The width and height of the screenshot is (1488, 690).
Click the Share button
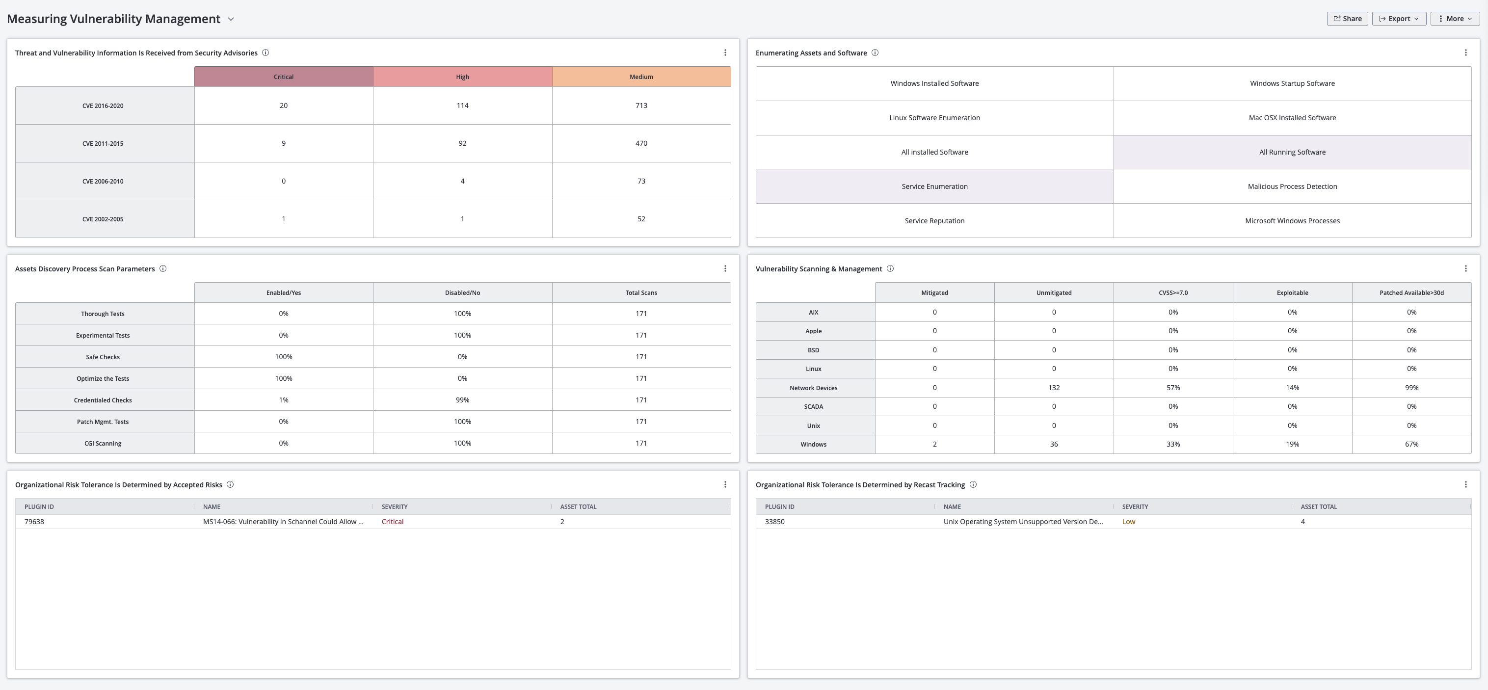[1347, 19]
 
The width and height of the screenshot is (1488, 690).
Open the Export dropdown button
[1399, 19]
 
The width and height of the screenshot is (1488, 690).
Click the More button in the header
[1455, 19]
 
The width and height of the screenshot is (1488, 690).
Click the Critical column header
[283, 77]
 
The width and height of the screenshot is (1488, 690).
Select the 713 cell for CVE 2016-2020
[641, 106]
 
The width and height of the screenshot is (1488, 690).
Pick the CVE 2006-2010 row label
[103, 181]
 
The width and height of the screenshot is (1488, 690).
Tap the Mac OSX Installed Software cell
[1292, 118]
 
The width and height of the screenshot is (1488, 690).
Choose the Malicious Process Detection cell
[1292, 186]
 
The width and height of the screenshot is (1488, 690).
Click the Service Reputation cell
[934, 220]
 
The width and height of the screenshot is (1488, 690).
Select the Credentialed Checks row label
[103, 400]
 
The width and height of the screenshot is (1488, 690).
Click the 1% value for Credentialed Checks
[283, 400]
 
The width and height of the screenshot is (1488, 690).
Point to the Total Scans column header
[641, 293]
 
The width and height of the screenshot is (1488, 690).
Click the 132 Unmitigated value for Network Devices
[1054, 387]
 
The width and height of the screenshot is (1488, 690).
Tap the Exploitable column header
[1292, 293]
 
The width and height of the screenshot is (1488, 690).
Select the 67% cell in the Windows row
[1411, 444]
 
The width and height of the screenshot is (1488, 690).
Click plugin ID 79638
[34, 521]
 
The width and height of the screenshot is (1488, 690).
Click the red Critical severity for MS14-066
[392, 521]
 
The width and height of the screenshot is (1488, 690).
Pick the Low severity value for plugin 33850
[1128, 521]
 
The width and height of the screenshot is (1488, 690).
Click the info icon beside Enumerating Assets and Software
[875, 53]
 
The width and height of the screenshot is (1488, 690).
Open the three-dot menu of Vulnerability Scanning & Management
[1465, 268]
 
